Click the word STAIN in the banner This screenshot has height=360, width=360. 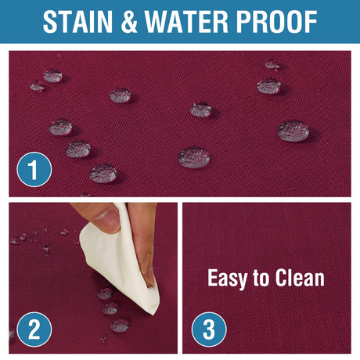(77, 22)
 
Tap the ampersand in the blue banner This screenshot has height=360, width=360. (129, 22)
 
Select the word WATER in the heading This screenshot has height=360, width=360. (186, 22)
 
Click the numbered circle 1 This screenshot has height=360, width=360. (34, 170)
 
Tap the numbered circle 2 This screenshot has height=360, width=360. (34, 329)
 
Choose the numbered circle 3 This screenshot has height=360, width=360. (209, 329)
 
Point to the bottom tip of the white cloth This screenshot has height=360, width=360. (154, 314)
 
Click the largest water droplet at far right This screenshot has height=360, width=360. (293, 131)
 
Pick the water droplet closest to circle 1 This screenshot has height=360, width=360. (103, 173)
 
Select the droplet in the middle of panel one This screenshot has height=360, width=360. (200, 110)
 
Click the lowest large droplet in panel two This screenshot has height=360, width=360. (120, 326)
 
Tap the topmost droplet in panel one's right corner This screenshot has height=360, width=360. (272, 64)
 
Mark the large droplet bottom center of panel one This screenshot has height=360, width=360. (194, 157)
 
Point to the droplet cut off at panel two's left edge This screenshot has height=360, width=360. (12, 334)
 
